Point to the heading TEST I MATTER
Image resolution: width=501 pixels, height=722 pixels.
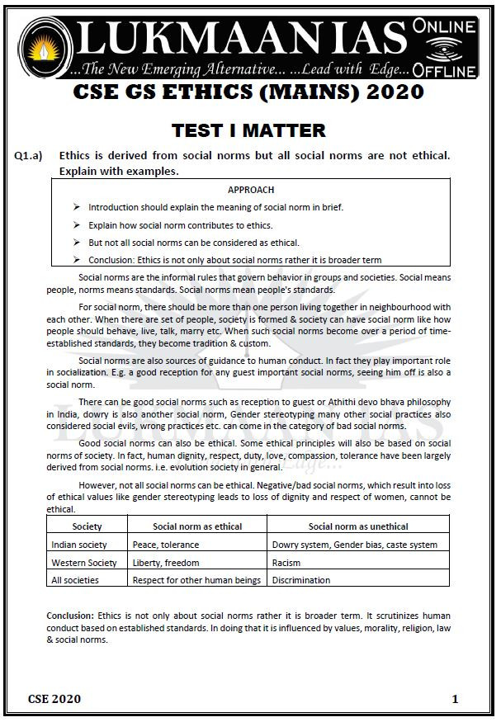(248, 130)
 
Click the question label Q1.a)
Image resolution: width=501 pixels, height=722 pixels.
(29, 156)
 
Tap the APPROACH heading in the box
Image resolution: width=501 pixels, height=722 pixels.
(250, 190)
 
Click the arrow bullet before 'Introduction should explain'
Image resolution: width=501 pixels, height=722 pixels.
(77, 207)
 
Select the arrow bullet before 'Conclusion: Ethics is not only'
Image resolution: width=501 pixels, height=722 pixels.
(77, 260)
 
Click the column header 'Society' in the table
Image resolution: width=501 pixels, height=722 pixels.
(87, 526)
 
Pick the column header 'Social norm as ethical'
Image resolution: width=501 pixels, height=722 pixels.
(197, 526)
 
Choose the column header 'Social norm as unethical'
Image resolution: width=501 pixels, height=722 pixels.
(358, 526)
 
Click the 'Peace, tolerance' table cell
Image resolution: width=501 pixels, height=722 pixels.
(166, 545)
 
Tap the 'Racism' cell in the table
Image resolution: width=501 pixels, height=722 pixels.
(286, 563)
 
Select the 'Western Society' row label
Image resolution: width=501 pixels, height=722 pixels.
(84, 563)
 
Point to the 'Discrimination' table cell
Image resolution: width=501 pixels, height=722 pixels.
(301, 580)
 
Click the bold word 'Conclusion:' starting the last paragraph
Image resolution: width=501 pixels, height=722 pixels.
(70, 616)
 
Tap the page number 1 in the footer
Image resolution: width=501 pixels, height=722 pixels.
(455, 699)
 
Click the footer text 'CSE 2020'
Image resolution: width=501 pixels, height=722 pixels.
(54, 699)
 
